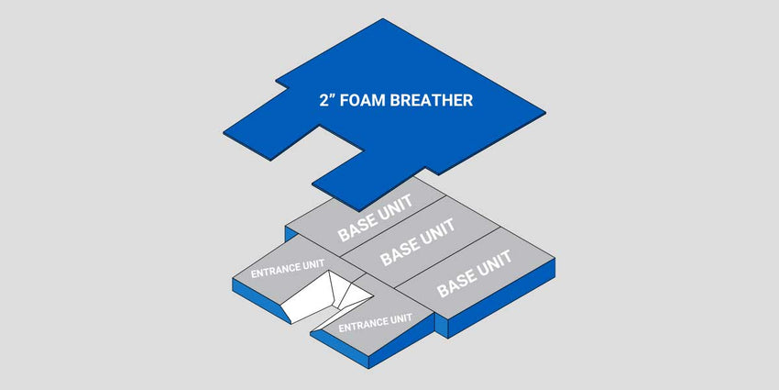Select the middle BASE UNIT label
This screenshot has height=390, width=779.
click(x=418, y=242)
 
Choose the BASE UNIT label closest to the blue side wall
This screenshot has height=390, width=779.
click(x=474, y=273)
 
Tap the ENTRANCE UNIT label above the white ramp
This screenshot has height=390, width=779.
click(x=288, y=269)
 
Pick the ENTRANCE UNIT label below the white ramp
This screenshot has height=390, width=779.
click(x=375, y=323)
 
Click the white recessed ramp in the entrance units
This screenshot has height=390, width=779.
click(x=323, y=299)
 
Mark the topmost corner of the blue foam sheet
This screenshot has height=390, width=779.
click(x=382, y=19)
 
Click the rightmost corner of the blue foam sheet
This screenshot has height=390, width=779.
click(x=545, y=113)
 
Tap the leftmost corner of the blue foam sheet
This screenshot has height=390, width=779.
click(x=224, y=133)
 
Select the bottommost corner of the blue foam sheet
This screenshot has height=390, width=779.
click(x=358, y=209)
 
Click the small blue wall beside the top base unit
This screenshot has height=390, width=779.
click(x=291, y=233)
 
